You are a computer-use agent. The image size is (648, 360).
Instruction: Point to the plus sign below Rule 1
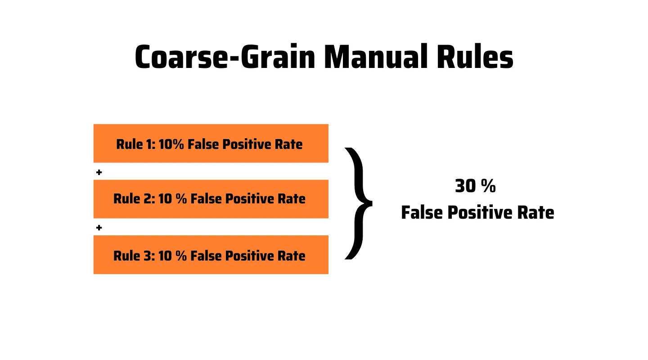99,172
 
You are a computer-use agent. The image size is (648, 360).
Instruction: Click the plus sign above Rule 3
99,228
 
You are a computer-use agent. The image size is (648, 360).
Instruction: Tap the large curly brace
359,203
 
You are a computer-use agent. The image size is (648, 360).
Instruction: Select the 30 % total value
475,186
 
